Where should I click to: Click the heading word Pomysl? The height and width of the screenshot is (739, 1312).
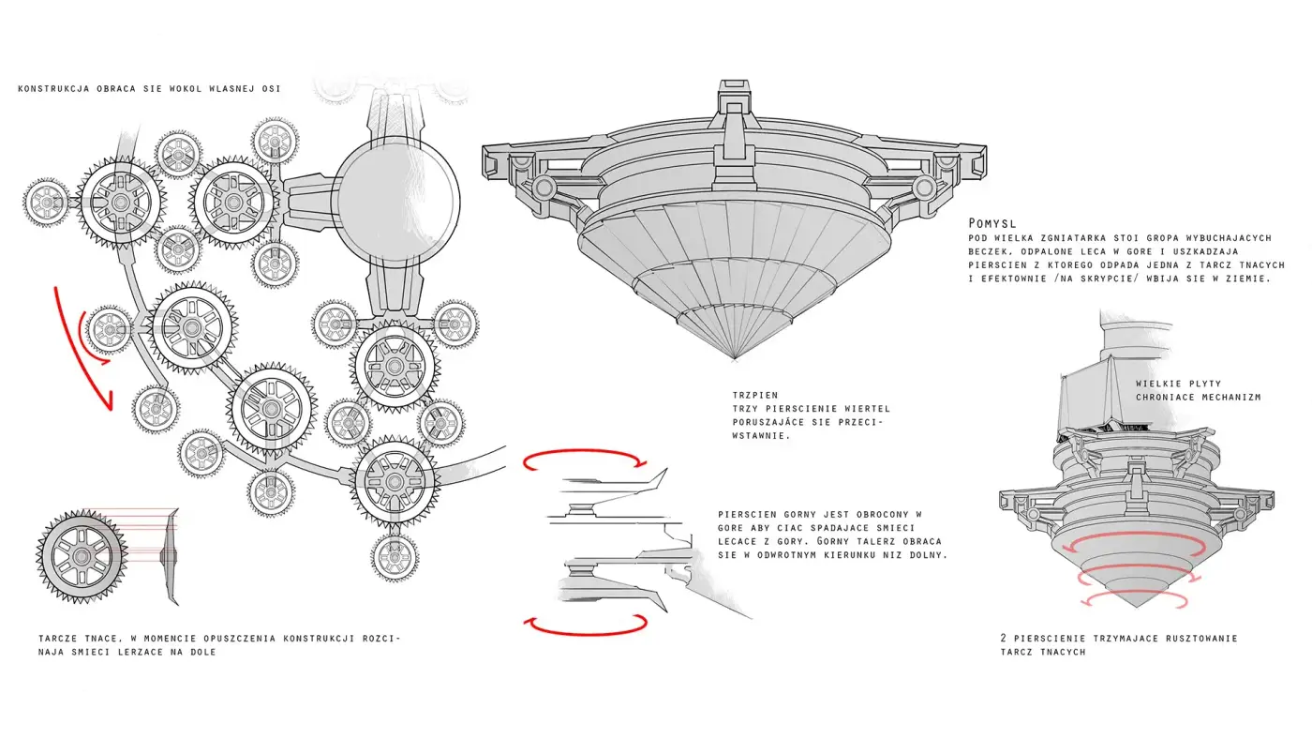tap(991, 223)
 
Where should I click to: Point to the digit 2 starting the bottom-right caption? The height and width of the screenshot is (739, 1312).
tap(1004, 639)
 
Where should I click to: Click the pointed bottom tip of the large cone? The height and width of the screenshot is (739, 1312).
tap(735, 358)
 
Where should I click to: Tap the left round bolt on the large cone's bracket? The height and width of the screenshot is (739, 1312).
tap(543, 188)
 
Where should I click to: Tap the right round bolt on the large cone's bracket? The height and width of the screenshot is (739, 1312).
tap(924, 188)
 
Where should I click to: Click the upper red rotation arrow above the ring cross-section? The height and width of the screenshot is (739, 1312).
tap(586, 451)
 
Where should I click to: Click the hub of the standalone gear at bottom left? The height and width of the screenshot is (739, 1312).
tap(82, 556)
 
